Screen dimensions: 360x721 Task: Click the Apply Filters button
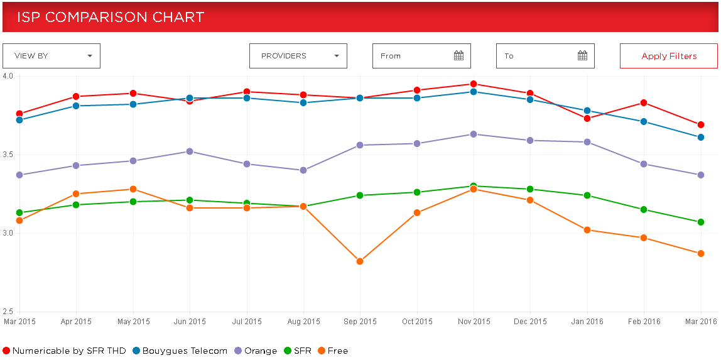pyautogui.click(x=668, y=56)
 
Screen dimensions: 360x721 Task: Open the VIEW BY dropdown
pyautogui.click(x=51, y=56)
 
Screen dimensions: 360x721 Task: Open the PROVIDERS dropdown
pyautogui.click(x=298, y=56)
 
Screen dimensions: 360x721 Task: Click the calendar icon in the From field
pyautogui.click(x=458, y=56)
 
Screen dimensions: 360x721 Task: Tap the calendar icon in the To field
pyautogui.click(x=582, y=56)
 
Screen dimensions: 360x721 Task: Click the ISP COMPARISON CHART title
pyautogui.click(x=111, y=17)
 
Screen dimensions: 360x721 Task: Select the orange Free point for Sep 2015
pyautogui.click(x=360, y=261)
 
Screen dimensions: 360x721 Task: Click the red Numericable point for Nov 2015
pyautogui.click(x=474, y=84)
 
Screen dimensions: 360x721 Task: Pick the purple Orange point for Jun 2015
pyautogui.click(x=190, y=151)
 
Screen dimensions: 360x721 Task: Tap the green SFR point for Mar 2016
pyautogui.click(x=700, y=222)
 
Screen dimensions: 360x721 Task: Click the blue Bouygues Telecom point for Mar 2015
pyautogui.click(x=19, y=120)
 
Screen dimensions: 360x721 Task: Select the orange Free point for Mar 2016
pyautogui.click(x=700, y=253)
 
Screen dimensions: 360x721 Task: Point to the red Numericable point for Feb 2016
pyautogui.click(x=644, y=103)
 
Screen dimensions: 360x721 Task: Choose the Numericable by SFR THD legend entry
pyautogui.click(x=65, y=351)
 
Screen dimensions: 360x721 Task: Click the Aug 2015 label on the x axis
pyautogui.click(x=303, y=322)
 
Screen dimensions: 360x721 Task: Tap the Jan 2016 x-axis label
pyautogui.click(x=587, y=322)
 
